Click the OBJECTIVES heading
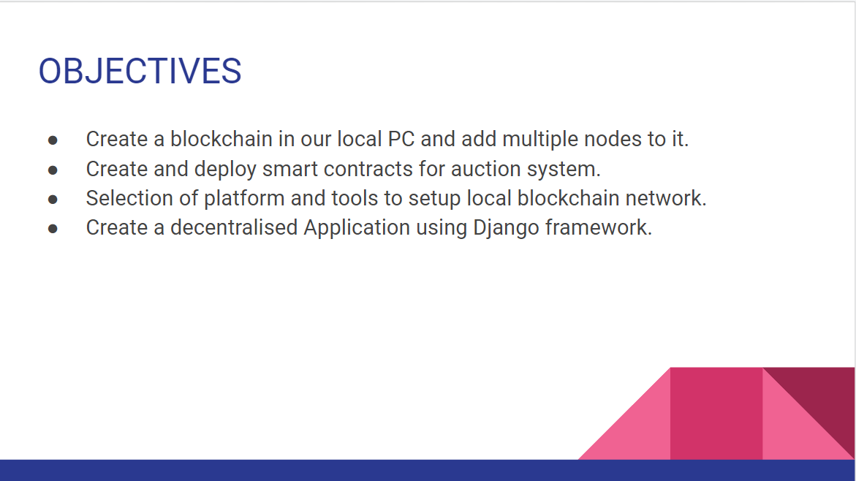pos(140,72)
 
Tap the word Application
pos(357,227)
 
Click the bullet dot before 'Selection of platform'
pos(53,199)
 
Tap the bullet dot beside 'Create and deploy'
pos(53,170)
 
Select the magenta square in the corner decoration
pos(716,413)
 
